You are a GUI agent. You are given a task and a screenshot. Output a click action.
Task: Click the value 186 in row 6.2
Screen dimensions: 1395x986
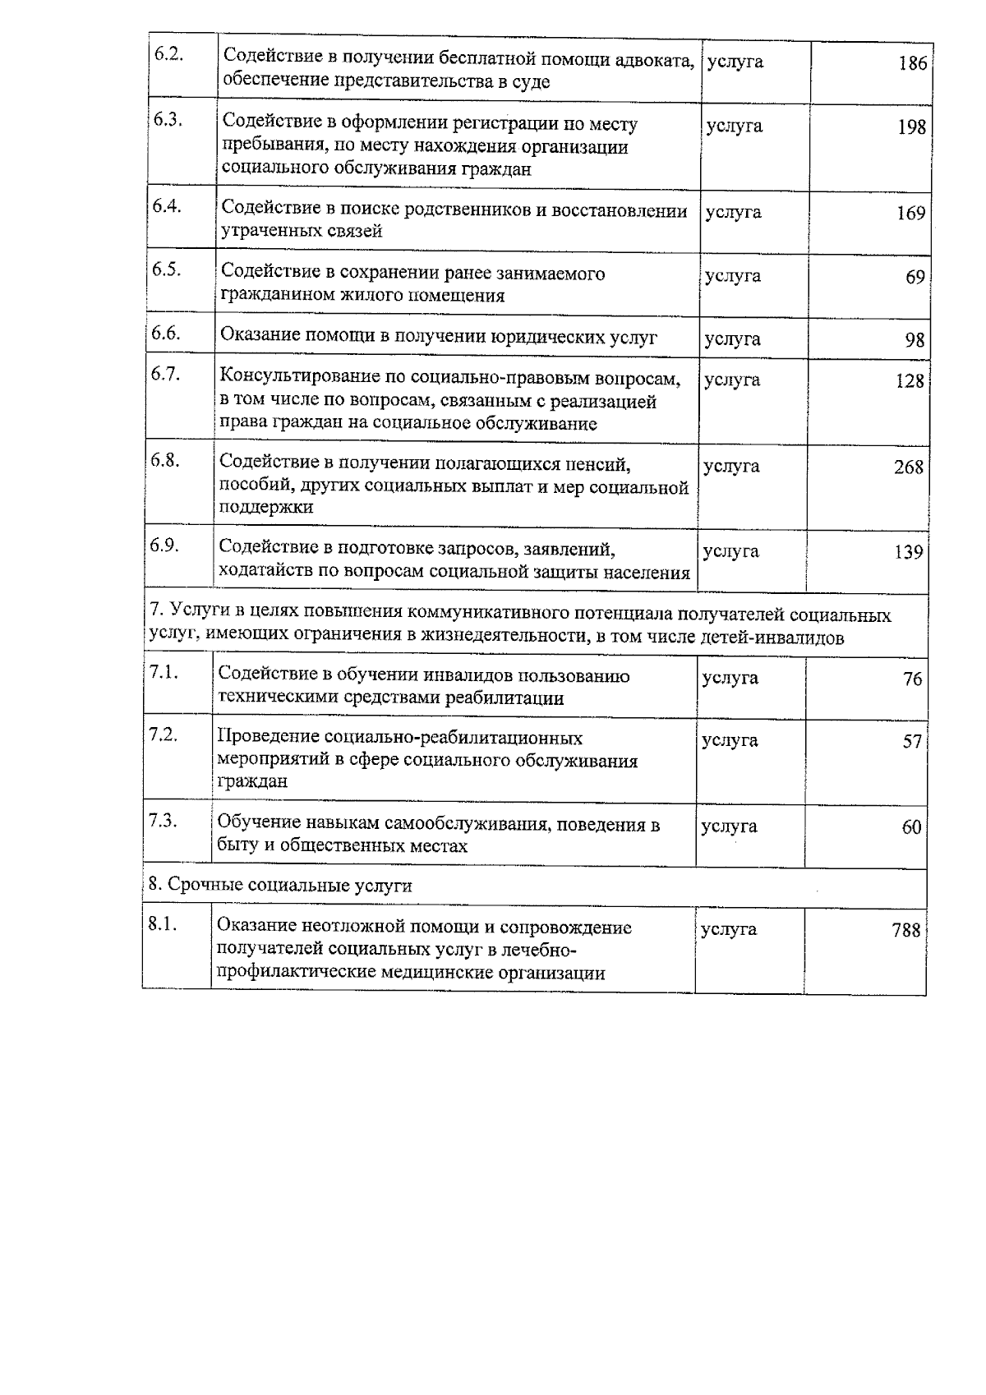(x=912, y=63)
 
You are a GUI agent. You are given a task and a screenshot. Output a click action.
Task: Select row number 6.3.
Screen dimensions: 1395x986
(x=167, y=119)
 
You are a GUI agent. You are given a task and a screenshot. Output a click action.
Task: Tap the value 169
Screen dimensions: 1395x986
(x=910, y=214)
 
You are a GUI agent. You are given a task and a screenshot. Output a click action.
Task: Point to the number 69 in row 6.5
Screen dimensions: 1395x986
(x=915, y=277)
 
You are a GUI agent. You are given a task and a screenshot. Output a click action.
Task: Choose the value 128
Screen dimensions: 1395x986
(x=910, y=381)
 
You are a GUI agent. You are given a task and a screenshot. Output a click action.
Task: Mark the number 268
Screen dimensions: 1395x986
(x=909, y=467)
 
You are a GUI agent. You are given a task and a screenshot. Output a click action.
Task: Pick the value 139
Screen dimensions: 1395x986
(x=909, y=552)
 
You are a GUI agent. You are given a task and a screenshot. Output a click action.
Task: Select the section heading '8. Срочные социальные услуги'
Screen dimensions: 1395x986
(x=280, y=886)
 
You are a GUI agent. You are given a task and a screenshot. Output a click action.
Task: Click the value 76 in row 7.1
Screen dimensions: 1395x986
(x=912, y=679)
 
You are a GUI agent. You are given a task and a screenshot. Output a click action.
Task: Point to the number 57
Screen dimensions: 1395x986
(x=912, y=742)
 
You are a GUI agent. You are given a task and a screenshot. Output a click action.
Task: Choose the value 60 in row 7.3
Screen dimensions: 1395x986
(x=911, y=828)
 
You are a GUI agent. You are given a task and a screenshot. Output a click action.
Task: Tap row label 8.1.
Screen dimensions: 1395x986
(x=163, y=924)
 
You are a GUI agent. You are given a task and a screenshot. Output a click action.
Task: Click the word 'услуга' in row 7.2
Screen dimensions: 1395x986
(x=730, y=741)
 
